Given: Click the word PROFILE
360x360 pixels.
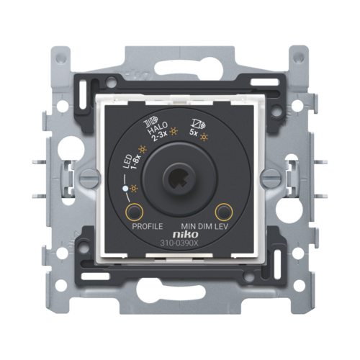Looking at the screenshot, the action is [148, 226].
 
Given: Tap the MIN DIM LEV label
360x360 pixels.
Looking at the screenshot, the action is [204, 226].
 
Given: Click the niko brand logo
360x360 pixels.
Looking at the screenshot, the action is [186, 234].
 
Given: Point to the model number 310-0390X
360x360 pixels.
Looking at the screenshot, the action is [179, 243].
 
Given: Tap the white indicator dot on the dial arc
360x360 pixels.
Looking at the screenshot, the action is [125, 189].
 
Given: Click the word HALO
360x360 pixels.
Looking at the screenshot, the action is [158, 128].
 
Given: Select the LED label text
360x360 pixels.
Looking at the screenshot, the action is [127, 161].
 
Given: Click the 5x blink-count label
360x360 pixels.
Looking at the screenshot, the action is [194, 132].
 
